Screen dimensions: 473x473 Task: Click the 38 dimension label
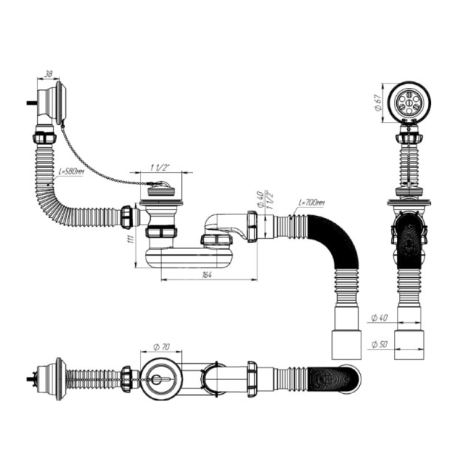[x=48, y=75]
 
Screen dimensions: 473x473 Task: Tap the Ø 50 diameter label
[x=378, y=344]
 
